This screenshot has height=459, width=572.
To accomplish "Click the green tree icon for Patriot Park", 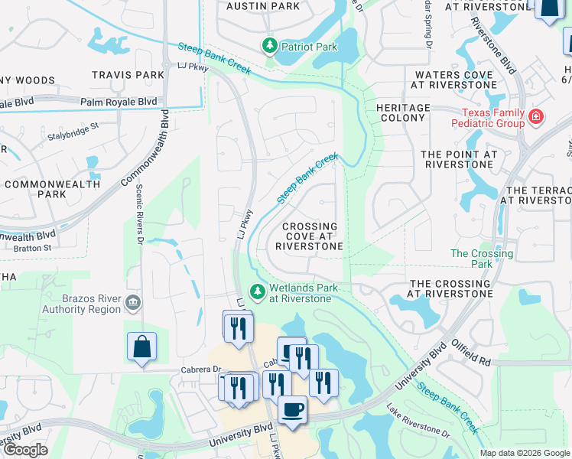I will point(269,47).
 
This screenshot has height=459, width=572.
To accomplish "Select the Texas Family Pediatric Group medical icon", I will point(536,117).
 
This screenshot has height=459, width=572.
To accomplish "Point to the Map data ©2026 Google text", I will point(524,453).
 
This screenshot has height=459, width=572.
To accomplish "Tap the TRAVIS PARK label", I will point(128,75).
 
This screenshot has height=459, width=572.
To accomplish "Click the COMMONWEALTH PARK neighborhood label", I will point(52,190).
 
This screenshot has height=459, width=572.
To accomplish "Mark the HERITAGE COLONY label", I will point(403,113).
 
